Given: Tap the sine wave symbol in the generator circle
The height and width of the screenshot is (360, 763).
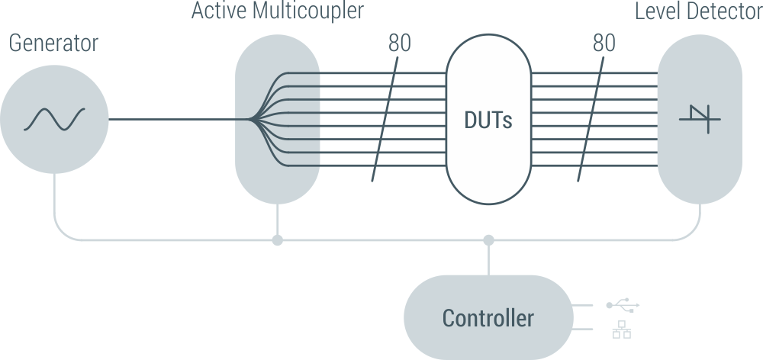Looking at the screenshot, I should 54,119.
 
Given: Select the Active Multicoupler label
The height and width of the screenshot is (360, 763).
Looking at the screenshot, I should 277,11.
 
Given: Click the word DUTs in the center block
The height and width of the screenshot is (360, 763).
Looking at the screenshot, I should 488,121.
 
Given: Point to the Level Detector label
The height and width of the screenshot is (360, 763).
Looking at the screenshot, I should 698,11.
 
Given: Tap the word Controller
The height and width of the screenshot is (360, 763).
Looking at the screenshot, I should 488,317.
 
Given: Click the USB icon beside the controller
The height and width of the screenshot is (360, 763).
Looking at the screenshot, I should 623,306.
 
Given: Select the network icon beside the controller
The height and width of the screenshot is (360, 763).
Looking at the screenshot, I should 622,329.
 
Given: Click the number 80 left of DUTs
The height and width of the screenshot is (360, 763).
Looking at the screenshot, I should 400,43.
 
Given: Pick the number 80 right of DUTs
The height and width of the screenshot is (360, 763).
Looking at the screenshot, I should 604,43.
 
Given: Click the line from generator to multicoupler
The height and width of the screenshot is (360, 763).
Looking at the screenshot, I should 175,120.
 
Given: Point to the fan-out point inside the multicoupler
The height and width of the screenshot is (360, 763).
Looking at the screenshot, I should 251,120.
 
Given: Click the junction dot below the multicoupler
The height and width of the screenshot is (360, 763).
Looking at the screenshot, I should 278,240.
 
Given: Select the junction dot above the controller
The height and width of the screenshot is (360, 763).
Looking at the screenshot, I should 489,240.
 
